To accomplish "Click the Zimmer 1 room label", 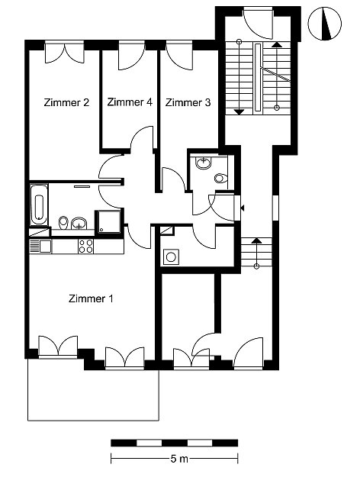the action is [x=91, y=298].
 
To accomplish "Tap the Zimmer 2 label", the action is [x=66, y=102].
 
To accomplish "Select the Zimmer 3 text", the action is [x=188, y=102].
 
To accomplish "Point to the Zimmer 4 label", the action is [x=130, y=102].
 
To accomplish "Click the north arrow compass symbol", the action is [x=325, y=24].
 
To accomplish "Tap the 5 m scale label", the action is [x=179, y=459].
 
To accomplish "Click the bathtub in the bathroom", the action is [x=39, y=205].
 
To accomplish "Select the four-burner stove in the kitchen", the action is [x=85, y=246].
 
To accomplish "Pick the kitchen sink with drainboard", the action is [x=40, y=247].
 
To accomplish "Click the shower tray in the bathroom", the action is [x=108, y=221].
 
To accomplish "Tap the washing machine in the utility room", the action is [x=171, y=256].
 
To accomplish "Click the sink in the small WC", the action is [x=204, y=163].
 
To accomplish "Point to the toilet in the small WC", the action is [x=221, y=179].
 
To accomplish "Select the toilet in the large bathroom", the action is [x=63, y=222].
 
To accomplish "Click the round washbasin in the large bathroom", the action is [x=79, y=223].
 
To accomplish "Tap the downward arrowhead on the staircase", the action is [x=239, y=111].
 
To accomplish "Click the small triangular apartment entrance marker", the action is [x=243, y=208].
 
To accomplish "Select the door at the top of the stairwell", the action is [x=259, y=24].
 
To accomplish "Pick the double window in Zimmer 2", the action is [x=65, y=52].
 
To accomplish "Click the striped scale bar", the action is [x=175, y=443].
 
